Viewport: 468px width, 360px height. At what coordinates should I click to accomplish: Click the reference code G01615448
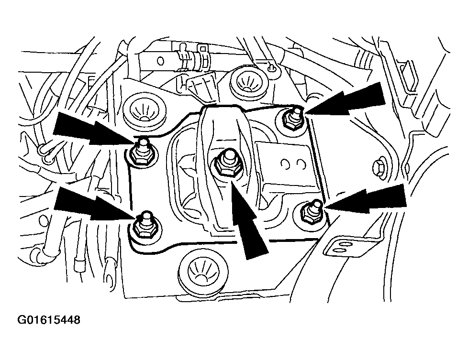pos(49,320)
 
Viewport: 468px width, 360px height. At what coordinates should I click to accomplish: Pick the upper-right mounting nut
pos(293,118)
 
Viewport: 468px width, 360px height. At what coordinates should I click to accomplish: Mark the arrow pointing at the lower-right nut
pos(366,198)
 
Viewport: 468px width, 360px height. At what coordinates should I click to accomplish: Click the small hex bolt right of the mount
pos(379,168)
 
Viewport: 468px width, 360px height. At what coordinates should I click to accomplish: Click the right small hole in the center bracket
pos(301,164)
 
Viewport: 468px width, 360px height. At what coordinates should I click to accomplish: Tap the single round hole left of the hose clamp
pos(161,61)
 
